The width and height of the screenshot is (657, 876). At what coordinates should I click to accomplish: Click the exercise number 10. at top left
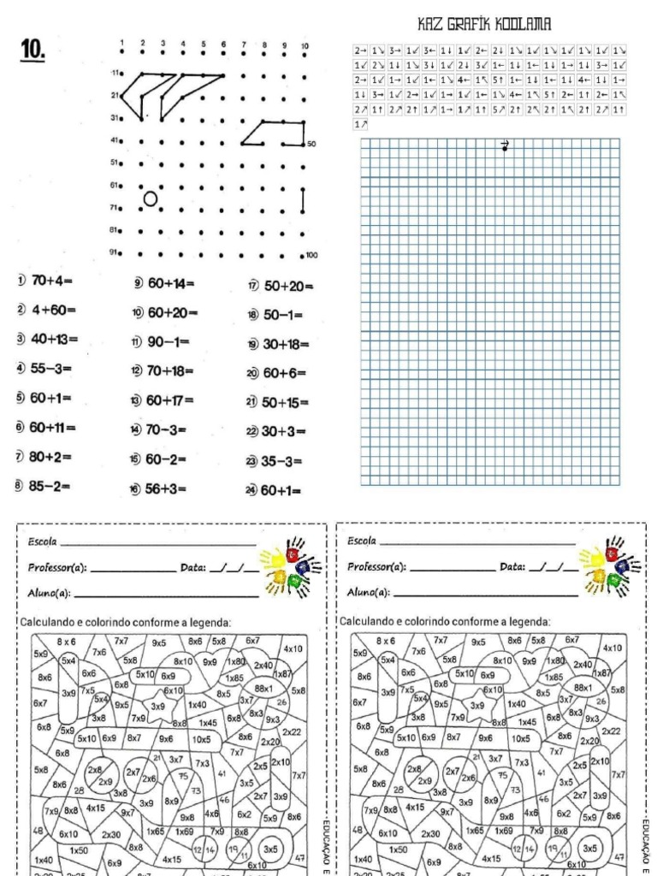[x=33, y=51]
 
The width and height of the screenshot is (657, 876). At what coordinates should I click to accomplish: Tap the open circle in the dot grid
[x=151, y=199]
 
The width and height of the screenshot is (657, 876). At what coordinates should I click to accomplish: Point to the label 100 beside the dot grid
[x=311, y=255]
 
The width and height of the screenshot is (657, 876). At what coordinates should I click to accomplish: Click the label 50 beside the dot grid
[x=311, y=145]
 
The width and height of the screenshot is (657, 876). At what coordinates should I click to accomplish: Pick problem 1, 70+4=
[x=45, y=281]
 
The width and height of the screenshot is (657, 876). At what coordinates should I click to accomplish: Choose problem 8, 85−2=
[x=43, y=487]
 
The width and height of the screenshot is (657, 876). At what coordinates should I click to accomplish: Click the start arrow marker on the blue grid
[x=505, y=146]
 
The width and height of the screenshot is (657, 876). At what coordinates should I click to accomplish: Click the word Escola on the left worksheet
[x=43, y=542]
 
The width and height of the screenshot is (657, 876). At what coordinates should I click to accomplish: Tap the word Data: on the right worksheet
[x=513, y=566]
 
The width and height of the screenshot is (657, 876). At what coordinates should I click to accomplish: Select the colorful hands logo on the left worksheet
[x=292, y=565]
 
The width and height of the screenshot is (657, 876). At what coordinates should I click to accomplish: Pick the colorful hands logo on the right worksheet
[x=611, y=565]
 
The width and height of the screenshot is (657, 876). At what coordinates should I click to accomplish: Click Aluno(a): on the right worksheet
[x=370, y=591]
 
